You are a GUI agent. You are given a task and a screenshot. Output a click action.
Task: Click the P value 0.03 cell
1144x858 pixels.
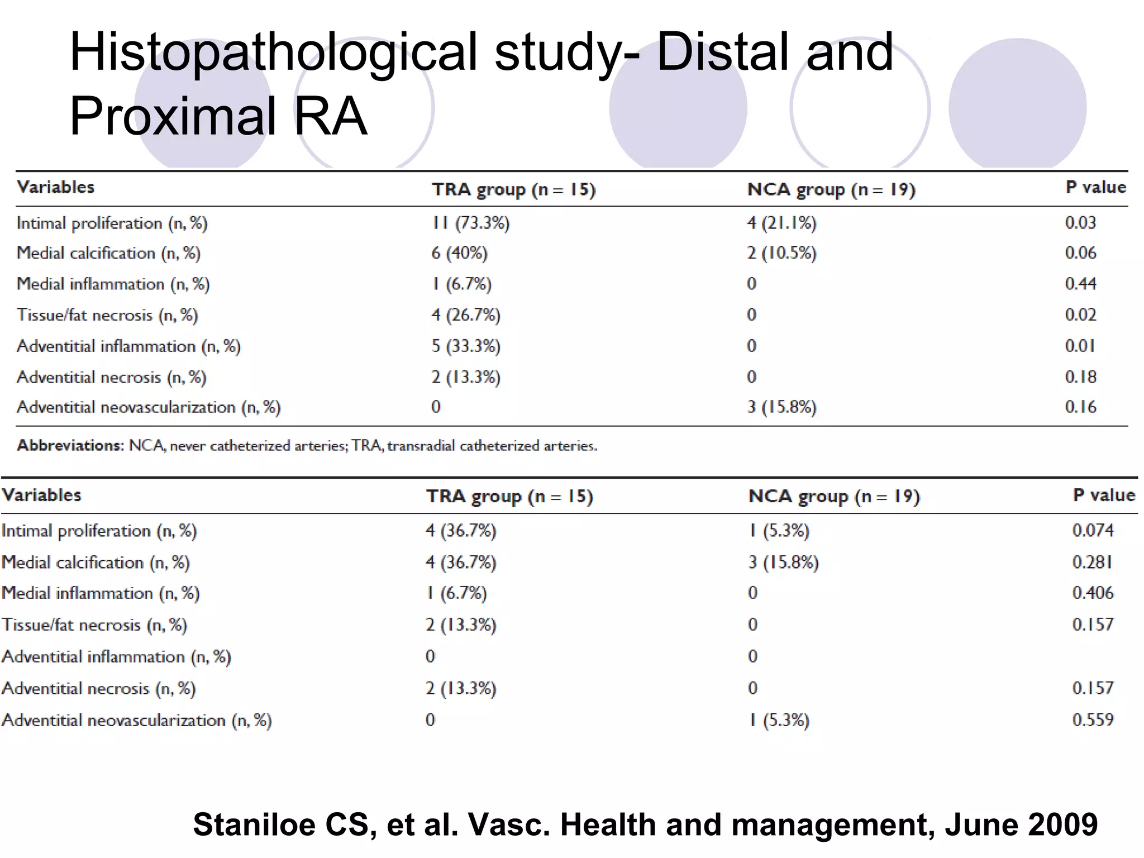pos(1080,223)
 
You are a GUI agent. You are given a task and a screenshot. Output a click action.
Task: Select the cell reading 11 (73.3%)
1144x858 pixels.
pos(470,223)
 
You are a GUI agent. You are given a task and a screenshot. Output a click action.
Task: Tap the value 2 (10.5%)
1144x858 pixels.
pos(781,253)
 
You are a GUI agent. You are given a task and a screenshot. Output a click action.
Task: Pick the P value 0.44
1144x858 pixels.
pos(1080,284)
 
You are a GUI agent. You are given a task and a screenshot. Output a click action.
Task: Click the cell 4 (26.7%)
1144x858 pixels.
pos(465,315)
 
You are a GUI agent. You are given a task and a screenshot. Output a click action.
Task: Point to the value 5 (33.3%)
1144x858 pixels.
pos(465,346)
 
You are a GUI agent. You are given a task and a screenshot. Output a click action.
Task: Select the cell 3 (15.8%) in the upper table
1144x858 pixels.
pos(781,407)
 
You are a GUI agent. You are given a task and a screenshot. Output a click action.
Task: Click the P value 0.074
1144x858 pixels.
pos(1093,530)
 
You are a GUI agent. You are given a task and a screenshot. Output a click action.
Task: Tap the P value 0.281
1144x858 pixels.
pos(1092,562)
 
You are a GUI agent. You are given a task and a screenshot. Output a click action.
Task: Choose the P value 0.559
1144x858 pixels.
pos(1093,720)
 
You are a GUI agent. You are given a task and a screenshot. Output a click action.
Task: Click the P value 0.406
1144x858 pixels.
pos(1093,593)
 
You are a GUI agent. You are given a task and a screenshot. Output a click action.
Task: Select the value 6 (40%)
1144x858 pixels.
pos(459,253)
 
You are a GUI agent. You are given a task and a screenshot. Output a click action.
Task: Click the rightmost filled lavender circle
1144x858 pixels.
pos(1017,106)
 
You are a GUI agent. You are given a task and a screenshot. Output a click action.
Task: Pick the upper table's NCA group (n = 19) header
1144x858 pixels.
pos(831,190)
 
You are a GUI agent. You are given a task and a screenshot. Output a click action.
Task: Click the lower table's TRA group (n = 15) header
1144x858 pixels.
pos(509,497)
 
